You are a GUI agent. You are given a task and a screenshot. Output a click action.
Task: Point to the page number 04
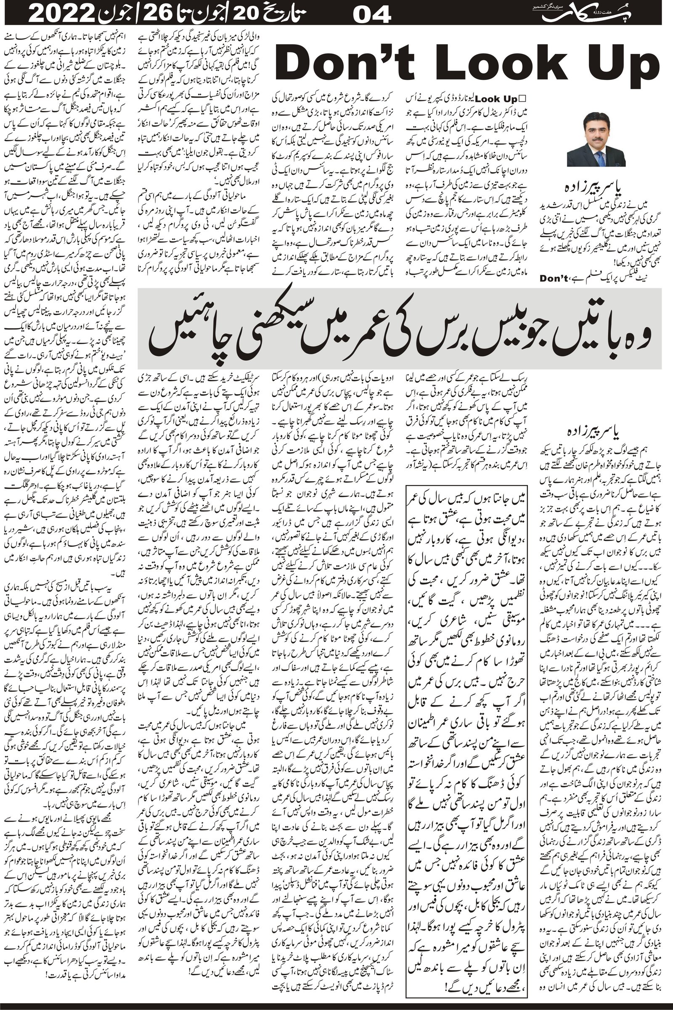[x=372, y=16]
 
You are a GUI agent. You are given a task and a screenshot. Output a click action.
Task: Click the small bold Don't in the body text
[x=554, y=278]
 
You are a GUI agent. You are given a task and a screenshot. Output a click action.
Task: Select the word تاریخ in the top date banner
[x=298, y=16]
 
